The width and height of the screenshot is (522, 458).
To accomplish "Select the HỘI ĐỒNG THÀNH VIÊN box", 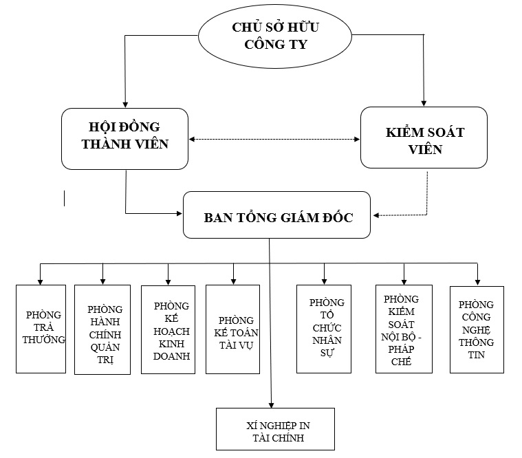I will (124, 138).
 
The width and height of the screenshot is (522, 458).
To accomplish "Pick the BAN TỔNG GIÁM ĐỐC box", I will (277, 215).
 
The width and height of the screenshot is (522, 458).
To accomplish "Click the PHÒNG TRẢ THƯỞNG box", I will (41, 329).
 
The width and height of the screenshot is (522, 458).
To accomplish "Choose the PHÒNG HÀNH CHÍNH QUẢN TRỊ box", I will (102, 329).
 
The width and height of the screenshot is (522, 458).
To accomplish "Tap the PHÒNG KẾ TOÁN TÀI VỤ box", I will (232, 329).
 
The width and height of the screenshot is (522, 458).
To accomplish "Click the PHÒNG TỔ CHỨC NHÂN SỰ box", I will (324, 329).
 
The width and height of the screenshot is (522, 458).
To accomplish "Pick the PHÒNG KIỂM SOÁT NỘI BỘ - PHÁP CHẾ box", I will (404, 329).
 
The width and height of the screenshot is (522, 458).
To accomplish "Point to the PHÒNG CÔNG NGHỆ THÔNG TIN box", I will (477, 329).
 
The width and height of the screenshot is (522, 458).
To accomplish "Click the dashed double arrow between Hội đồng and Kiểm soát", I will (274, 140).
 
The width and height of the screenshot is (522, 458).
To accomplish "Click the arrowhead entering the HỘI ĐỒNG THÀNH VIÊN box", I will (124, 103).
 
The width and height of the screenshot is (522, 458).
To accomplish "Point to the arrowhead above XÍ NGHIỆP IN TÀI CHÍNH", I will (272, 404).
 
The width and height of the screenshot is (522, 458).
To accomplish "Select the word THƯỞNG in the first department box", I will (44, 339).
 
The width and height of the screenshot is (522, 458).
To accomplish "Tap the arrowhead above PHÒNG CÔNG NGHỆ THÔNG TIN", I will (477, 282).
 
